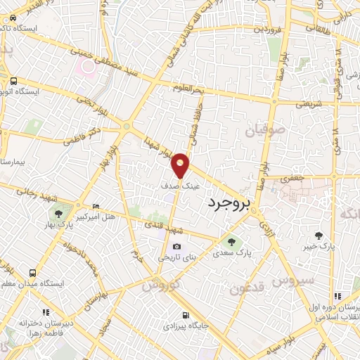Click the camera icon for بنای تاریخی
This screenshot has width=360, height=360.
[176, 247]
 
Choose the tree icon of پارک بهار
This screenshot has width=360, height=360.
[58, 214]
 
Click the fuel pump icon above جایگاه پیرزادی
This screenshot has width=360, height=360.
[185, 315]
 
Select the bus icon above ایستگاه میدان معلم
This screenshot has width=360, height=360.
[32, 273]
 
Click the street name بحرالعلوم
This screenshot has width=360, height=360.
[192, 90]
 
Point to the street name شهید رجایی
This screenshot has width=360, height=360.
[32, 194]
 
